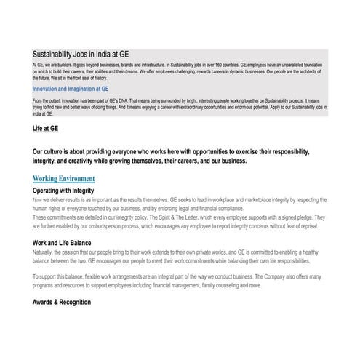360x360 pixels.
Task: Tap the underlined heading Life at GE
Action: click(x=46, y=127)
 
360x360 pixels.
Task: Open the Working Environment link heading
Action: click(x=64, y=177)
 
